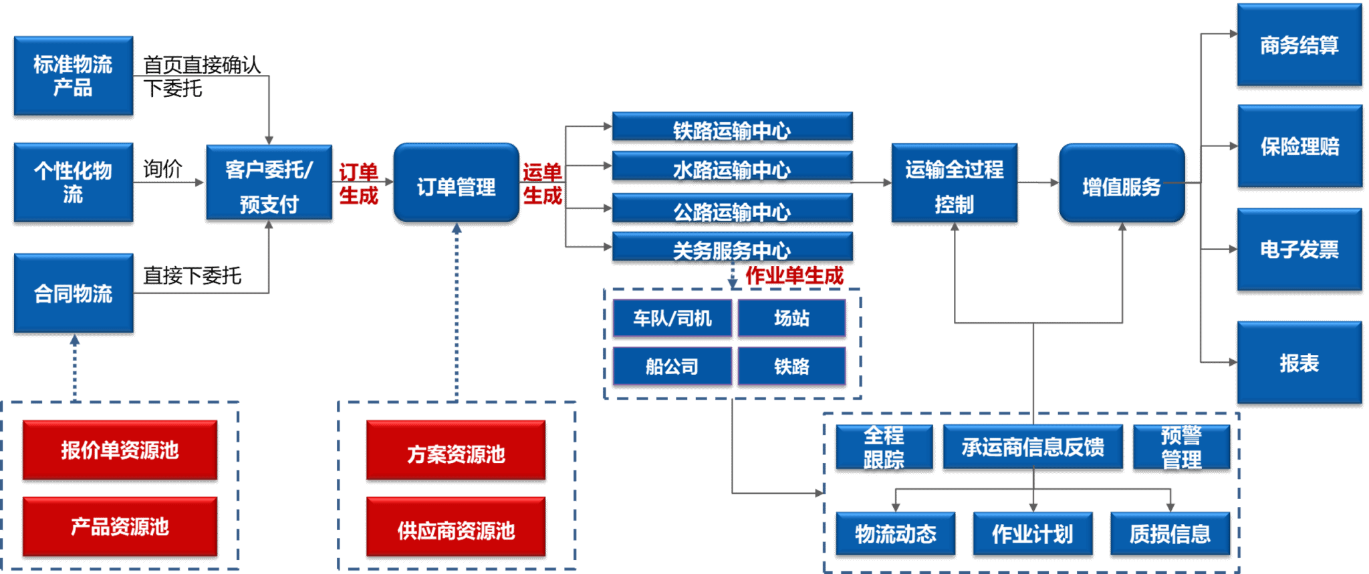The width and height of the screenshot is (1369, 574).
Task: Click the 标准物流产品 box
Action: (x=74, y=76)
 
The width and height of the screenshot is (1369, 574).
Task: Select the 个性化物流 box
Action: (x=74, y=182)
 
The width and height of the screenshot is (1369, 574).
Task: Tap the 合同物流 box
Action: (x=74, y=293)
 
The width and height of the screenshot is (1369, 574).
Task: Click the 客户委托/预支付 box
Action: (x=269, y=182)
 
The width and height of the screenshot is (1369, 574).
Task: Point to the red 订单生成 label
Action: (x=359, y=183)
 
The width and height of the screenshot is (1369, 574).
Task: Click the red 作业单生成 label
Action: (x=794, y=275)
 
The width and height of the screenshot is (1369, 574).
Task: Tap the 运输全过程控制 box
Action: (x=954, y=182)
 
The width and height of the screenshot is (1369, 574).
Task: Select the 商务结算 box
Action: (x=1299, y=45)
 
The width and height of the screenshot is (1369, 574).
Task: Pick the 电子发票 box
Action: (x=1299, y=249)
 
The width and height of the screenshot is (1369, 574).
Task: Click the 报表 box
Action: (x=1299, y=362)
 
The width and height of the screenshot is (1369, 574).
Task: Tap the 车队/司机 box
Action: (x=672, y=318)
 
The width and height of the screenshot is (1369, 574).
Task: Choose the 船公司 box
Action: (x=672, y=366)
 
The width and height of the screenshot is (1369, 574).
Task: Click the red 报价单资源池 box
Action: (x=120, y=450)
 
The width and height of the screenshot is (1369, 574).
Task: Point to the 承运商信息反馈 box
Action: (x=1033, y=446)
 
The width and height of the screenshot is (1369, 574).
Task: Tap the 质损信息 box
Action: (x=1170, y=533)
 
